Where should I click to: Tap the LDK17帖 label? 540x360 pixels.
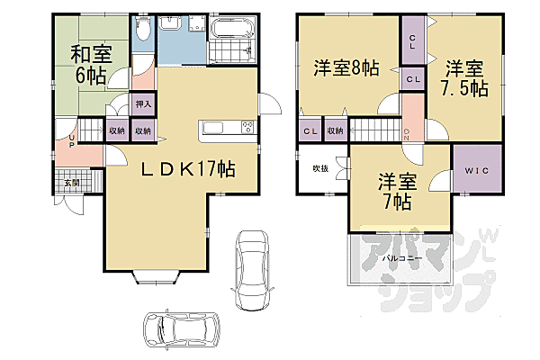(x=185, y=168)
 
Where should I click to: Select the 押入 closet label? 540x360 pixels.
(x=144, y=104)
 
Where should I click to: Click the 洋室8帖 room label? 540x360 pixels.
(x=346, y=67)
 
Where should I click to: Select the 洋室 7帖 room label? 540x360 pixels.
(x=394, y=190)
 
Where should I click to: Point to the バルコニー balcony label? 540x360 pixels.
(x=399, y=257)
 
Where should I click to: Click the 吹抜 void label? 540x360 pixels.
(x=319, y=169)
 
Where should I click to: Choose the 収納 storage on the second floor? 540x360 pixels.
(x=336, y=131)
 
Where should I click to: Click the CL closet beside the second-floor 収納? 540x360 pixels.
(x=310, y=131)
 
